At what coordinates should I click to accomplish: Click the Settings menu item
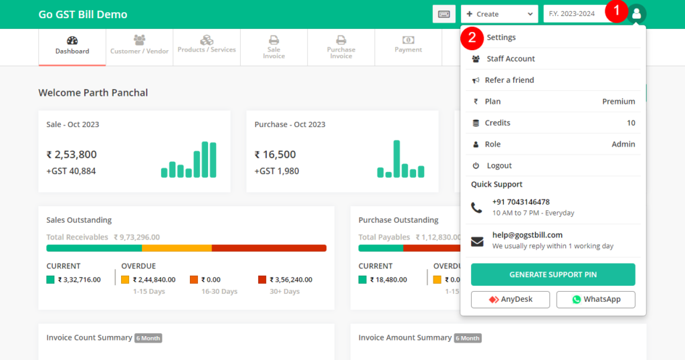pos(501,37)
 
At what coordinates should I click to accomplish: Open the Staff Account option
pos(510,59)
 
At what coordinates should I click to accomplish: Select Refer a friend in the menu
pos(509,80)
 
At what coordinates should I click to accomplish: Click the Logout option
pos(499,166)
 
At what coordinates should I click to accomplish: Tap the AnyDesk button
pos(510,299)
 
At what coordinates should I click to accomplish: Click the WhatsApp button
pos(595,299)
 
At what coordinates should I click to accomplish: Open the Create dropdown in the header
pos(499,14)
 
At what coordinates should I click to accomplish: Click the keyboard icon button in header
pos(444,14)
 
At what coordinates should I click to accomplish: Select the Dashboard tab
pos(72,47)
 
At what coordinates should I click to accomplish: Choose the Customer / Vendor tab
pos(139,47)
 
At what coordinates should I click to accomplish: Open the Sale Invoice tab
pos(274,47)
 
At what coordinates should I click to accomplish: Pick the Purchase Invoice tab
pos(340,47)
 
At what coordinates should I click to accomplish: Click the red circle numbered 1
pos(616,11)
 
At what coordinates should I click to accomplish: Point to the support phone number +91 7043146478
pos(520,202)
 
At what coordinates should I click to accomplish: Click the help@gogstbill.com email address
pos(527,235)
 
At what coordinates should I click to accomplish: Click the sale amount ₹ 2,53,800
pos(72,155)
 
